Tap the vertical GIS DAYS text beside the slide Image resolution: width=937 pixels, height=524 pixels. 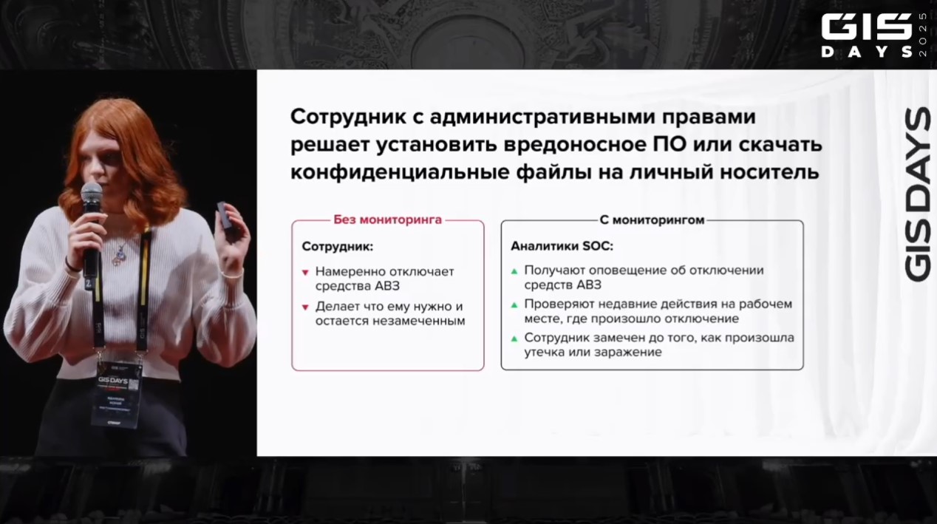coord(917,194)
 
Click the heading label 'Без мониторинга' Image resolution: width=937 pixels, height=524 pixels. coord(387,220)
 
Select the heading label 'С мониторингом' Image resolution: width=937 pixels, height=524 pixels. coord(651,220)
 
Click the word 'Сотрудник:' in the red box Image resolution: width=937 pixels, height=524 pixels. coord(338,247)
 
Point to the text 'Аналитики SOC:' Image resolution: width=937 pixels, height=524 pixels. coord(562,246)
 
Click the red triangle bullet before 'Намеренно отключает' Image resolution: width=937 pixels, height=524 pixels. coord(305,273)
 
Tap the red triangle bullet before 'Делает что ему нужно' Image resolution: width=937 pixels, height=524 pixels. coord(305,307)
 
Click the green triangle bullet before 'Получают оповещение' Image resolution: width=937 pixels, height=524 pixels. coord(514,271)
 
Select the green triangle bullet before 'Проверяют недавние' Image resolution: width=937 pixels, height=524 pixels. coord(514,304)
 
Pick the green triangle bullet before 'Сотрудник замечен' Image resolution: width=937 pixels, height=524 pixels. coord(514,338)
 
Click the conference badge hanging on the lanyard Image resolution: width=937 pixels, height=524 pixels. coord(115,392)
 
